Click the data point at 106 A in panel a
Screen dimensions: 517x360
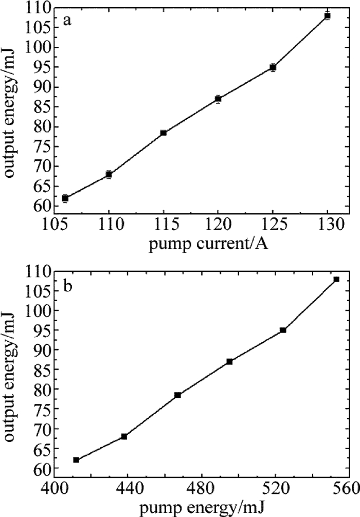point(65,198)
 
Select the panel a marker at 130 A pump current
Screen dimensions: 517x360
point(327,16)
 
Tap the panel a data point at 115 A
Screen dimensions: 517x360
point(163,133)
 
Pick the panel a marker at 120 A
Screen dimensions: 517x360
point(218,99)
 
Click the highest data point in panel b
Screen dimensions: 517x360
point(336,279)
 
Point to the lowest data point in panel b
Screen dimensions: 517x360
point(76,460)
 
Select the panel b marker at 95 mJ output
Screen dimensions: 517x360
point(283,330)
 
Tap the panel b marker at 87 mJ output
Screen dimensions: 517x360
point(229,361)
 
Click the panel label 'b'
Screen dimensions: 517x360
point(67,286)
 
